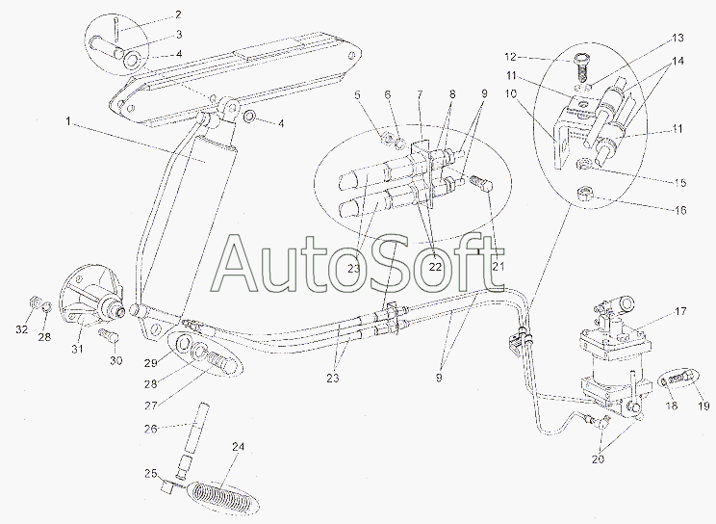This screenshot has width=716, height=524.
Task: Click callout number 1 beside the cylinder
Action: click(x=68, y=121)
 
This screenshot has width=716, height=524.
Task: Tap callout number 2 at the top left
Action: click(x=178, y=14)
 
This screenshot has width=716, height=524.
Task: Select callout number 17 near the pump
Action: click(x=680, y=311)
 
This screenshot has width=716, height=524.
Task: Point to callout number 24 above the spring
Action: click(x=238, y=447)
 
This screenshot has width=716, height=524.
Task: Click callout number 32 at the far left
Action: click(x=22, y=329)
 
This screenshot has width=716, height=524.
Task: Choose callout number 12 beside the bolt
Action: click(x=510, y=57)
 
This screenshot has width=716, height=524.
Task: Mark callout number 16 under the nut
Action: click(x=680, y=210)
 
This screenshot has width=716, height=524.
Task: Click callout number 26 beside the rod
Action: click(x=151, y=429)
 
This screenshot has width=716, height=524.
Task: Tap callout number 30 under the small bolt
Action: click(x=116, y=360)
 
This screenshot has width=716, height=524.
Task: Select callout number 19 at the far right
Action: click(x=703, y=406)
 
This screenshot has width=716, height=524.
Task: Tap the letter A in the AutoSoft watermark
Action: click(x=239, y=265)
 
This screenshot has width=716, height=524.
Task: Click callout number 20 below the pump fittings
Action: click(x=598, y=459)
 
